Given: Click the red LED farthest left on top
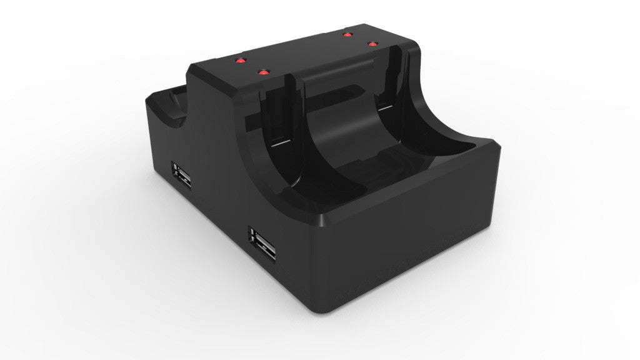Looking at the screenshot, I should click(x=238, y=61).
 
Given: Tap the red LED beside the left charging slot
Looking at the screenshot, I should click(x=262, y=72).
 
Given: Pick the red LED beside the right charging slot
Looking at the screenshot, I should click(x=373, y=44).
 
